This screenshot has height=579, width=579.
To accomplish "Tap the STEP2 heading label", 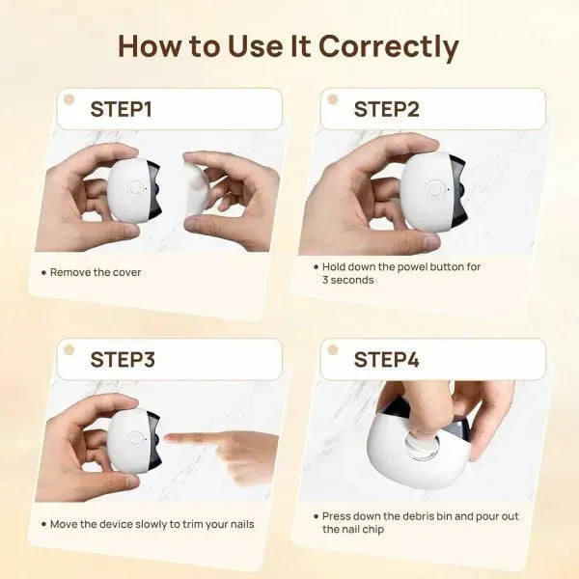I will (x=386, y=109).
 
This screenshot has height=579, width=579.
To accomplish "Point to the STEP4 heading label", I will (x=386, y=360).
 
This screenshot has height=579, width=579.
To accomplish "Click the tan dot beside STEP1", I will (x=69, y=99).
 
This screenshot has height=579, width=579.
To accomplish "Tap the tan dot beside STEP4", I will (x=332, y=349).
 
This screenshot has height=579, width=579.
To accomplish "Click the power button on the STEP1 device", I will (x=135, y=189).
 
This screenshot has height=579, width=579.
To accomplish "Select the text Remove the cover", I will (x=96, y=273).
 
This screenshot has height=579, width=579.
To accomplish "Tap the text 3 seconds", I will (x=347, y=280).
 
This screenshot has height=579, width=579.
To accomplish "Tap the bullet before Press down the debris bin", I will (x=315, y=517).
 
